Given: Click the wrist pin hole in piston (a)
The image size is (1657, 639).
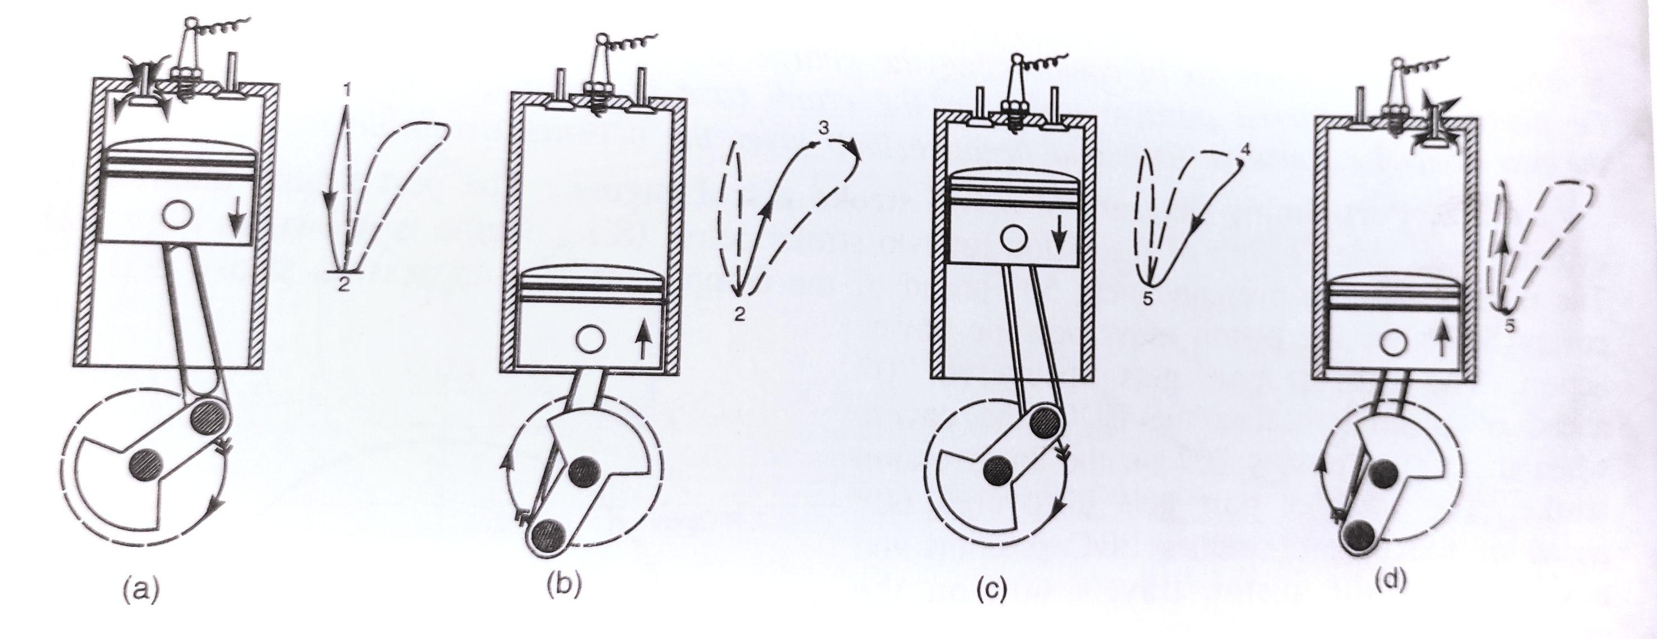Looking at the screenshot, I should (176, 213).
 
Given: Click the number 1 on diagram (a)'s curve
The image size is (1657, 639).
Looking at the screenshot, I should (347, 91).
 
